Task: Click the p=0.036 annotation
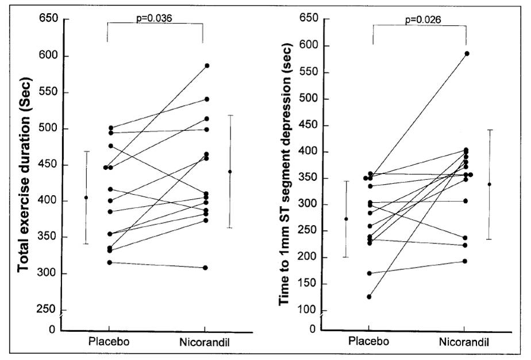click(155, 18)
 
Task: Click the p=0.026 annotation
click(420, 20)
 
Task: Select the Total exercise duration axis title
click(24, 172)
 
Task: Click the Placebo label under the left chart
click(109, 342)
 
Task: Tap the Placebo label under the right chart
click(368, 342)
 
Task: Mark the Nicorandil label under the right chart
click(465, 342)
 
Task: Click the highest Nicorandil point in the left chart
click(206, 65)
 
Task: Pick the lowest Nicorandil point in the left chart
click(205, 268)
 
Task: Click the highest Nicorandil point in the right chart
click(467, 53)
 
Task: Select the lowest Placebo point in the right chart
click(368, 297)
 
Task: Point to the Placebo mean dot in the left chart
click(86, 198)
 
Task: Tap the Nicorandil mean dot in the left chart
click(230, 172)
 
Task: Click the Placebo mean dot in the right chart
click(346, 219)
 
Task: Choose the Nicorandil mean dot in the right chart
click(490, 184)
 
